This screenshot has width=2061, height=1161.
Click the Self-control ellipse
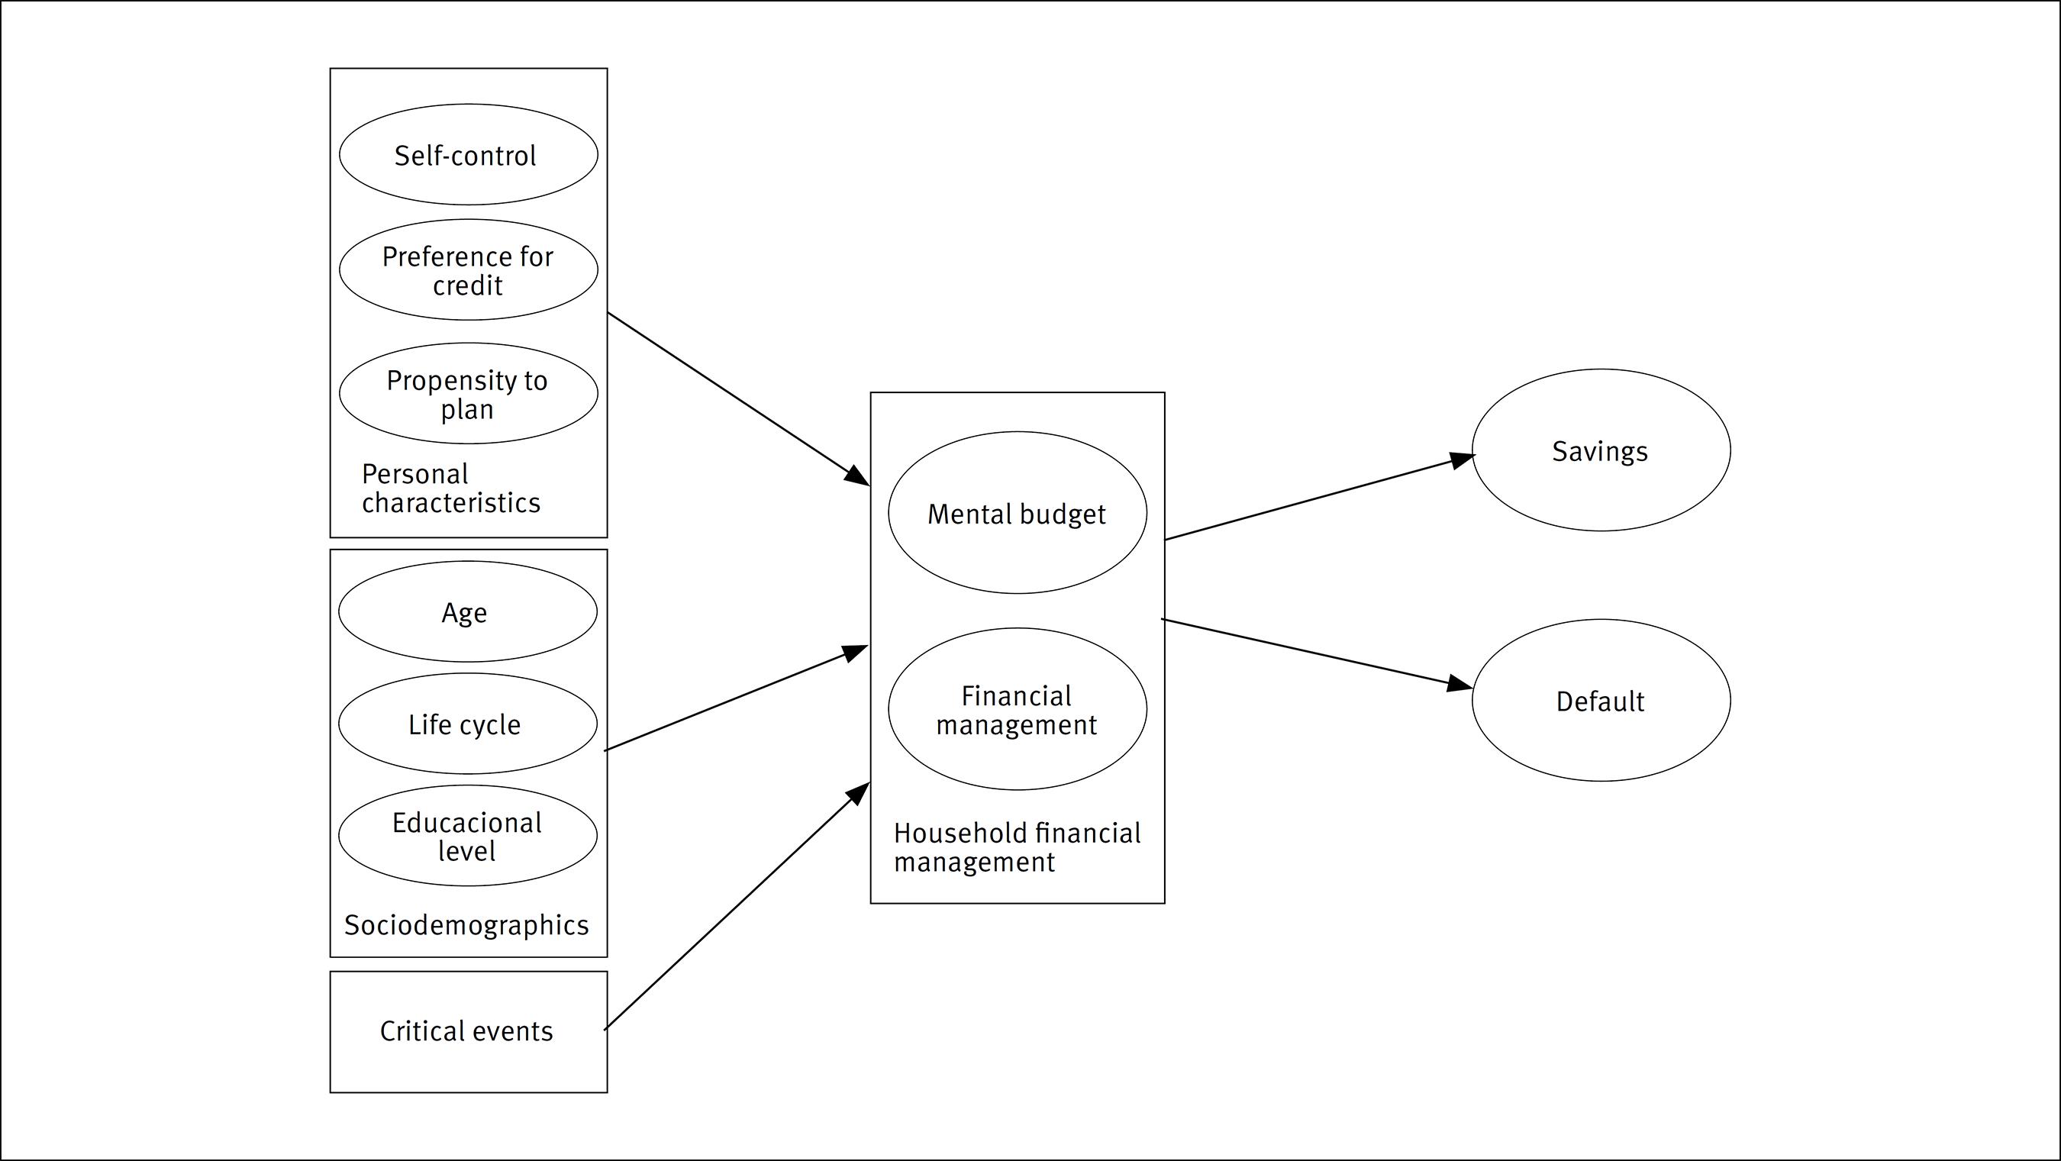pyautogui.click(x=468, y=154)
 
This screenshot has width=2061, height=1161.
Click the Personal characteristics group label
pyautogui.click(x=450, y=488)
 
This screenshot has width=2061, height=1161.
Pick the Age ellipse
pyautogui.click(x=467, y=611)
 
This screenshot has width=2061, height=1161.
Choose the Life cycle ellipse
pyautogui.click(x=467, y=724)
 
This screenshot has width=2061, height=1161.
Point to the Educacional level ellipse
pyautogui.click(x=467, y=835)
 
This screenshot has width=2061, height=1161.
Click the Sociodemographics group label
pyautogui.click(x=466, y=925)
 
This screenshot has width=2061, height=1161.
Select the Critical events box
pyautogui.click(x=468, y=1031)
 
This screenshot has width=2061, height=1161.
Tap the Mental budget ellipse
pyautogui.click(x=1017, y=513)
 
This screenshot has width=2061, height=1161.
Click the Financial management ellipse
pyautogui.click(x=1017, y=709)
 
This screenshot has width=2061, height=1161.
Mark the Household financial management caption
pyautogui.click(x=1016, y=847)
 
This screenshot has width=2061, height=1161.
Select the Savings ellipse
pyautogui.click(x=1600, y=450)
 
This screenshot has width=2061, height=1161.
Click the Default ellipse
pyautogui.click(x=1600, y=701)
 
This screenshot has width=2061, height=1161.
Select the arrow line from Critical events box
pyautogui.click(x=736, y=907)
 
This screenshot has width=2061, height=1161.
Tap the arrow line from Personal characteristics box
pyautogui.click(x=736, y=398)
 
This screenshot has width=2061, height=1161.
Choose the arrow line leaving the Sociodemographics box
pyautogui.click(x=736, y=698)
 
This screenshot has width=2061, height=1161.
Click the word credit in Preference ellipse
pyautogui.click(x=467, y=285)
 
